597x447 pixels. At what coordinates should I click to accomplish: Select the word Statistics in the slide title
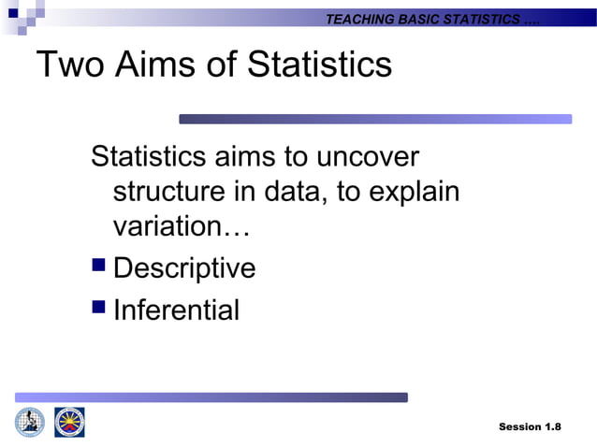tap(314, 65)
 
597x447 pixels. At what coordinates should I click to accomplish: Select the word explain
tap(415, 192)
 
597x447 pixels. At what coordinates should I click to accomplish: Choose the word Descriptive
tap(183, 268)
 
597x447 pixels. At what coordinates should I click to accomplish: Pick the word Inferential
tap(176, 310)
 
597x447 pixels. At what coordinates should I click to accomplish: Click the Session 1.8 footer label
tap(530, 426)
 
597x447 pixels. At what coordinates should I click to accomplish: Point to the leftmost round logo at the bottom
tap(29, 422)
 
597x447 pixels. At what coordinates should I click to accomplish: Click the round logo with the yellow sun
tap(69, 422)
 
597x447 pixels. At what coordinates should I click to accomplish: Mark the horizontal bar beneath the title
tap(374, 119)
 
